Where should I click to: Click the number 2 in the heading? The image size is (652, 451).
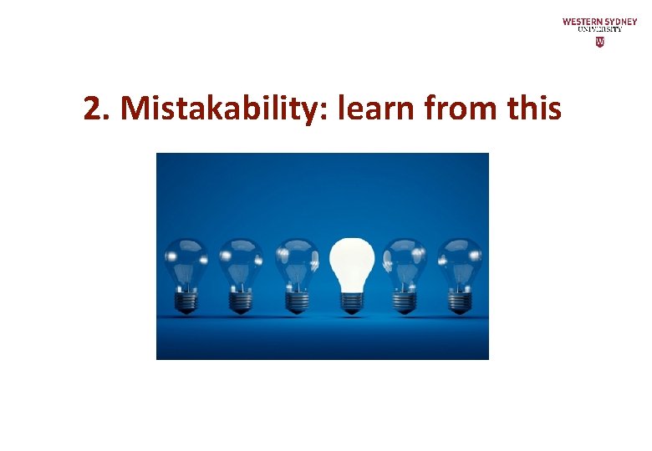(93, 108)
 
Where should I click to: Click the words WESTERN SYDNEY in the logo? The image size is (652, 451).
(599, 21)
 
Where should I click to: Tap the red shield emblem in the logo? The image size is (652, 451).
(599, 41)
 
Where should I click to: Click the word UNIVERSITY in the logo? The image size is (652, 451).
(599, 29)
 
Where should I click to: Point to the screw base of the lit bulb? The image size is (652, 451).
(350, 301)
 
